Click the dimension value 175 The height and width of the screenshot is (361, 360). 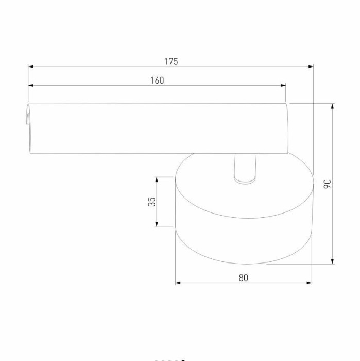pos(171,61)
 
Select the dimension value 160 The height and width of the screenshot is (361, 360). pos(157,80)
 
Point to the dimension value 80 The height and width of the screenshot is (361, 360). pos(244,277)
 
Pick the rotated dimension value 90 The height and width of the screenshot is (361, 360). pos(327,184)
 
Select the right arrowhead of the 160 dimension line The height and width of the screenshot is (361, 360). pos(283,85)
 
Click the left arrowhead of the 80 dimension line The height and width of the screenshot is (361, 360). pos(178,283)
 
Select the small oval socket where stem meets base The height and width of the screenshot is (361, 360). pos(244,180)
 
